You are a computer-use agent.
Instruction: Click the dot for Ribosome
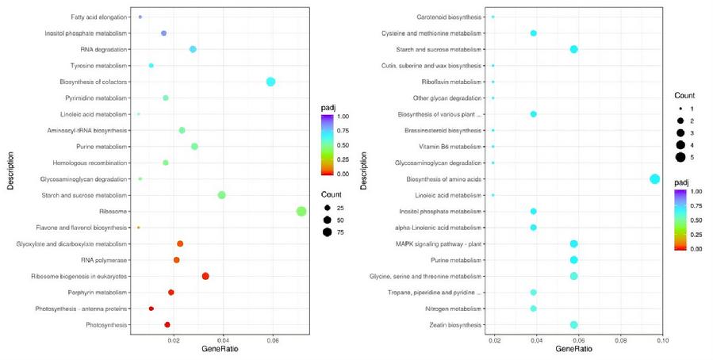pyautogui.click(x=301, y=211)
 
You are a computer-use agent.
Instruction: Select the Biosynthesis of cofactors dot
pyautogui.click(x=270, y=82)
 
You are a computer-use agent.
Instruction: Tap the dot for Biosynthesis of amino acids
pyautogui.click(x=654, y=179)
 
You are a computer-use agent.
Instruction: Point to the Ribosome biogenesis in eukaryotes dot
pyautogui.click(x=205, y=276)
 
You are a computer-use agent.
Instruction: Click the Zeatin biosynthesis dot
pyautogui.click(x=573, y=324)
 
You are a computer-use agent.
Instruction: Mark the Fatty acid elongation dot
pyautogui.click(x=140, y=17)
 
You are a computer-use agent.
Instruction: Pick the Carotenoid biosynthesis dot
pyautogui.click(x=493, y=17)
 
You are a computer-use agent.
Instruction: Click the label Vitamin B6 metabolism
pyautogui.click(x=451, y=147)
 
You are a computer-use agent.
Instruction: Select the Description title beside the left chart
pyautogui.click(x=9, y=170)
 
